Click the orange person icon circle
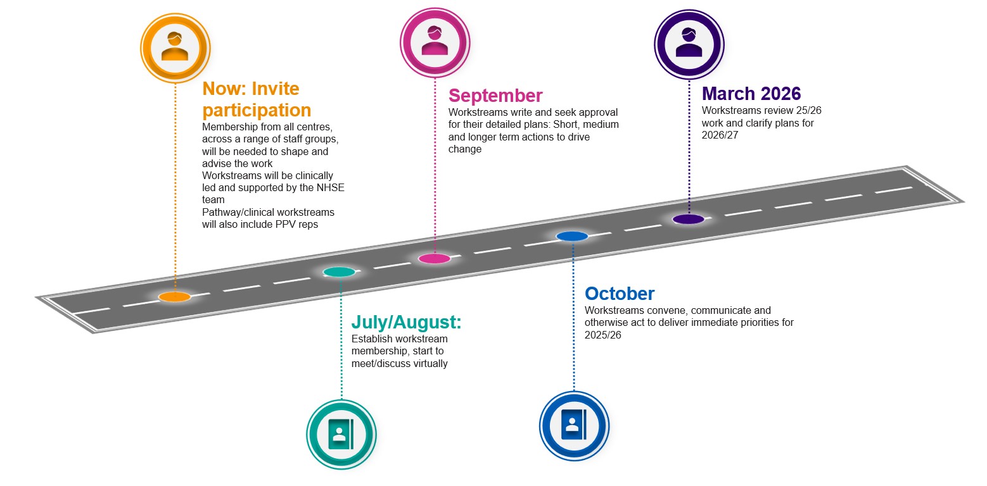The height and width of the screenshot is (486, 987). click(x=175, y=48)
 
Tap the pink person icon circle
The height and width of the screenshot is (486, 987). click(x=435, y=42)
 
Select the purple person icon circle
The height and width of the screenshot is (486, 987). click(x=689, y=44)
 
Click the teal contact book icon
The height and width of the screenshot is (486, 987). click(x=341, y=435)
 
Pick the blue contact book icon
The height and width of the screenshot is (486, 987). click(x=574, y=426)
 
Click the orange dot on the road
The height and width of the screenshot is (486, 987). click(x=174, y=297)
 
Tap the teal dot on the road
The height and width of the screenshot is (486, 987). click(x=339, y=272)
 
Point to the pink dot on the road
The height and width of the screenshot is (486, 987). click(x=435, y=258)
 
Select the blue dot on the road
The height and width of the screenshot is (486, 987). click(x=572, y=237)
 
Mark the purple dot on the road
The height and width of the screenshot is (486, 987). click(x=688, y=219)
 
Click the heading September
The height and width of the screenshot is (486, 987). click(x=495, y=96)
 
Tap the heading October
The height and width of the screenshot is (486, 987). click(x=620, y=294)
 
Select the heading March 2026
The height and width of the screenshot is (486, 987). click(x=751, y=94)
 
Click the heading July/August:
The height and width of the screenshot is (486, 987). click(x=406, y=322)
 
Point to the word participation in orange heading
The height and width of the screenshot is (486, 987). click(x=257, y=111)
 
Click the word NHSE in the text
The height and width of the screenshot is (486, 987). click(x=331, y=187)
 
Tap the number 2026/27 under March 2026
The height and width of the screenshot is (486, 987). click(x=720, y=135)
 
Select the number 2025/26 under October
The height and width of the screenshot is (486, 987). click(x=602, y=335)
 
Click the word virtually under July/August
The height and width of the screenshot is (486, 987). click(x=431, y=364)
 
